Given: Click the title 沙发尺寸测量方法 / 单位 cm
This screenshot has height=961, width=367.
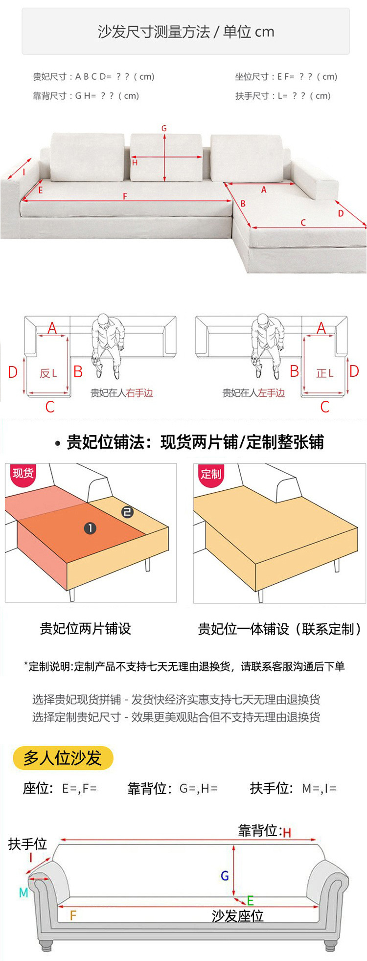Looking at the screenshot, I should (186, 32).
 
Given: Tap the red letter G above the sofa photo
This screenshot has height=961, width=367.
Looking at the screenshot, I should (164, 128).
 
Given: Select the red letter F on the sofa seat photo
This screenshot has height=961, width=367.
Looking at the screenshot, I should (125, 196).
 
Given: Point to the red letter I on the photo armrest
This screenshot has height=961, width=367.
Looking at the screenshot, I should (24, 172).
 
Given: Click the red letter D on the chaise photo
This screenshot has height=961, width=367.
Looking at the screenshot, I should (341, 213).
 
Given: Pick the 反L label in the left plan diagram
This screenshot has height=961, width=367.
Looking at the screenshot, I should (48, 373).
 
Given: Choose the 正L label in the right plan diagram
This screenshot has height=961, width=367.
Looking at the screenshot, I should (324, 373).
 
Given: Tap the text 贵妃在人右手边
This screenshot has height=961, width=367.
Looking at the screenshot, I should (121, 393).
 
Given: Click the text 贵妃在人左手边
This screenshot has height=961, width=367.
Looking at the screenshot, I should (253, 393).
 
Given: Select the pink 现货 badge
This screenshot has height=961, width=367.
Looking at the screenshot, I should (23, 474).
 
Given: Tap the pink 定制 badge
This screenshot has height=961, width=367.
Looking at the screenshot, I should (211, 474).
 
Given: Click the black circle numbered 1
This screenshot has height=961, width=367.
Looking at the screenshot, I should (90, 528).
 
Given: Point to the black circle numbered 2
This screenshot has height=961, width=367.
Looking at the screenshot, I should (127, 512).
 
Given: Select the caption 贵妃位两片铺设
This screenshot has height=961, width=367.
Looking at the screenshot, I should (85, 629).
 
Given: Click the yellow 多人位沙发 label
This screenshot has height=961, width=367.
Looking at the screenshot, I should (63, 758).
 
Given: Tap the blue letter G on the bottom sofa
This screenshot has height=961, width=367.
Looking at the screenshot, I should (225, 876).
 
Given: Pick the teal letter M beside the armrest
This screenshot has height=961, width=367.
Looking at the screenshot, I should (23, 893).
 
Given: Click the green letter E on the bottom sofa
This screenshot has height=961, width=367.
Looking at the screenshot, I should (250, 901).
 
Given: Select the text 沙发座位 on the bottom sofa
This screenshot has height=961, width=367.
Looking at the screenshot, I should (237, 916).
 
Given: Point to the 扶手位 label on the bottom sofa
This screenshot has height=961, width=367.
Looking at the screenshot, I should (27, 844).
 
